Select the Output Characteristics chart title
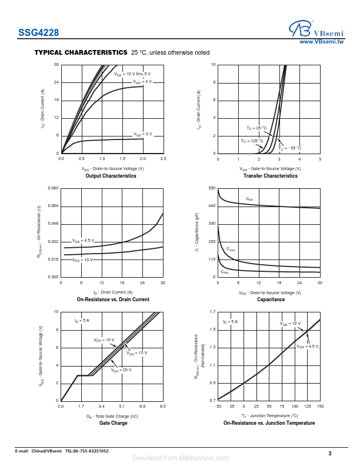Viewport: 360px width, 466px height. (111, 176)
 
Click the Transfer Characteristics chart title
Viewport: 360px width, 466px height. (270, 176)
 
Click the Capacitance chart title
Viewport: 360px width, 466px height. (271, 299)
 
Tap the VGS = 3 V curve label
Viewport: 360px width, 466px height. (142, 134)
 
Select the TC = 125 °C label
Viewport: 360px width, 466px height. (252, 141)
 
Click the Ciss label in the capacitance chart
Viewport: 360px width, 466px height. (249, 199)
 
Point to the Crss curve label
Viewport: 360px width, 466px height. (225, 271)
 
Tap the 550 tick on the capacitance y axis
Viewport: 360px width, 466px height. (212, 188)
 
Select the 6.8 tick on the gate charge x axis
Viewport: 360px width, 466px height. (142, 407)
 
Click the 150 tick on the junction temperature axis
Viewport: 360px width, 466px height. (320, 407)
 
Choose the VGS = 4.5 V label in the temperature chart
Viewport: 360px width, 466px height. (307, 347)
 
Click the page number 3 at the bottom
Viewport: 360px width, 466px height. (330, 453)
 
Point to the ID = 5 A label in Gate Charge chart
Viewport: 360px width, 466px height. (82, 321)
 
